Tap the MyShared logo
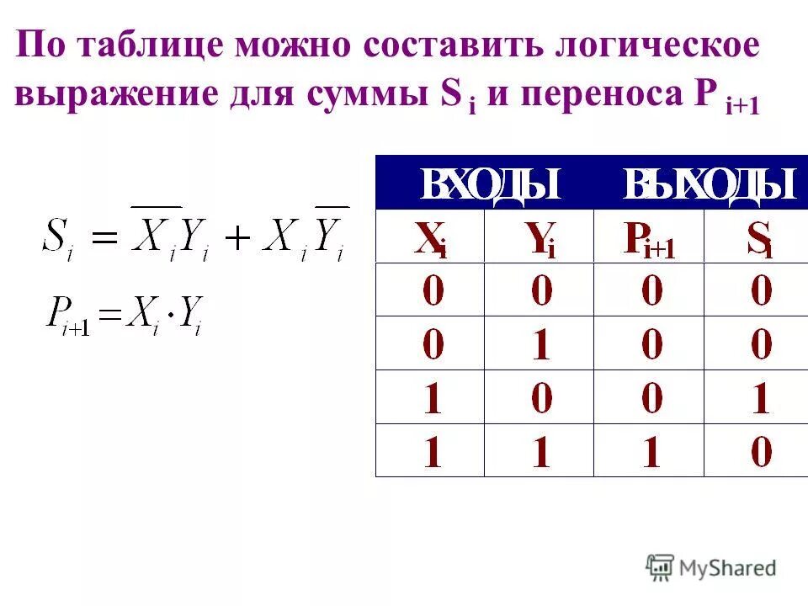pyautogui.click(x=711, y=567)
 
